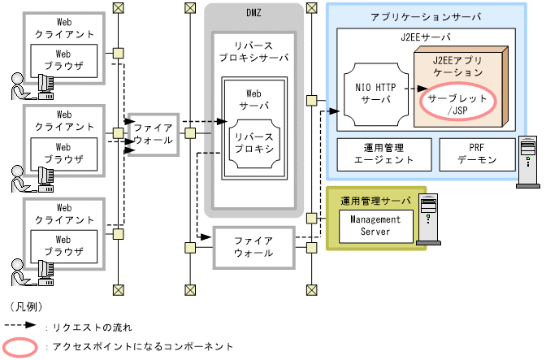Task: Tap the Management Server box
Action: point(370,226)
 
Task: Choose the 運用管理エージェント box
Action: point(388,154)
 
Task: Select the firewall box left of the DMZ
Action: point(153,133)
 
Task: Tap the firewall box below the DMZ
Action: point(253,247)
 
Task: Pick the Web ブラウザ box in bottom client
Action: point(63,245)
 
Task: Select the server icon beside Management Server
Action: point(427,219)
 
